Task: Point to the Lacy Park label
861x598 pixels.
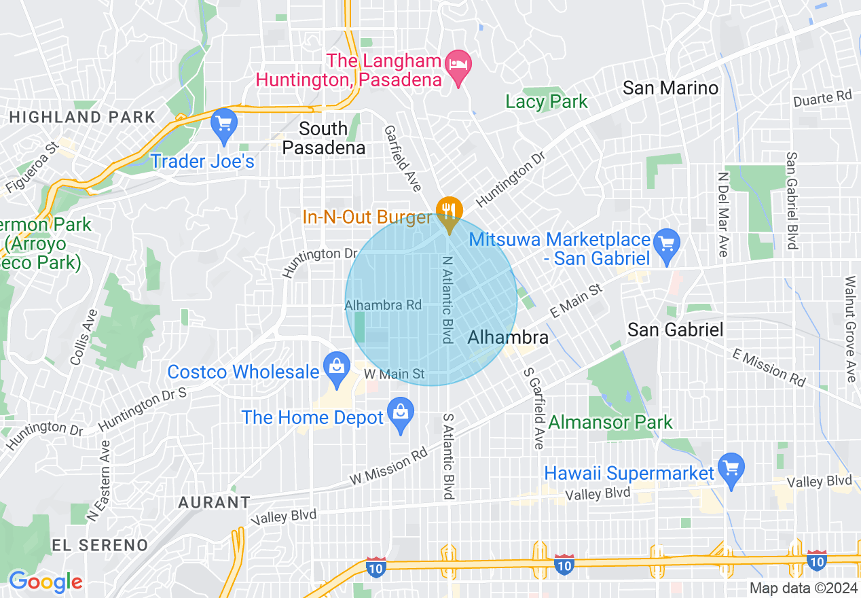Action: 547,102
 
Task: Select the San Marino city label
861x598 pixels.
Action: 670,88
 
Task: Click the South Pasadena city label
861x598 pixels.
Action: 323,138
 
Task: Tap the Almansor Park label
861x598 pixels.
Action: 610,422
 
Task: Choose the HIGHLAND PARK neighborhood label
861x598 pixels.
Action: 82,117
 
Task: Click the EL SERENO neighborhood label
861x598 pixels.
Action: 100,545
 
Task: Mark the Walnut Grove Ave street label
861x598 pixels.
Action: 850,329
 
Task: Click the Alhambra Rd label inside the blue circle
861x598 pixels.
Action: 384,305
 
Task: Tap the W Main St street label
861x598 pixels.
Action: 394,374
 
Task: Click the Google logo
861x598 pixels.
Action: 45,582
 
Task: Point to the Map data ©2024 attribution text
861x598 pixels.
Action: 799,588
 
